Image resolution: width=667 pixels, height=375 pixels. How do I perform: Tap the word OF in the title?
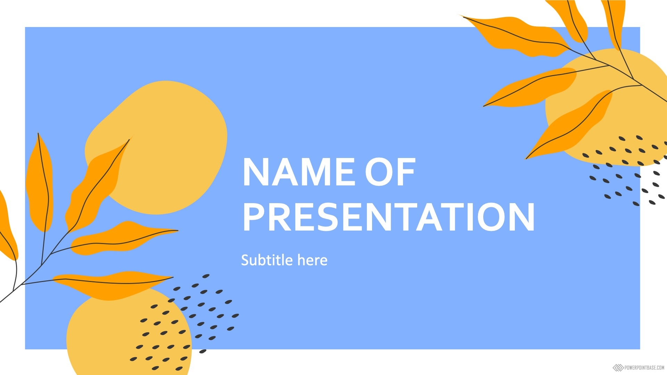[x=390, y=172]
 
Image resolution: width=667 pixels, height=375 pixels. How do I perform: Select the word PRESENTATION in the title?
[x=389, y=217]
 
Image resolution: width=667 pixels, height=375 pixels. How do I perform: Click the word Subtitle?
[x=267, y=260]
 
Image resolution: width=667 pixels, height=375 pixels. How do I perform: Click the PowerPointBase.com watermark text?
[x=644, y=367]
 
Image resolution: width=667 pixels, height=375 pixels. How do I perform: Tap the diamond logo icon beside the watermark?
[x=618, y=367]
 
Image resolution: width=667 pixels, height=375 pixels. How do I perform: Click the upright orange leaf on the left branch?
[x=40, y=184]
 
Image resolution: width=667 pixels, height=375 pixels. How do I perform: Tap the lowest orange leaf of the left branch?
[x=111, y=285]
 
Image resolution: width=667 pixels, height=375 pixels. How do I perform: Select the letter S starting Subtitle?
[x=246, y=260]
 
